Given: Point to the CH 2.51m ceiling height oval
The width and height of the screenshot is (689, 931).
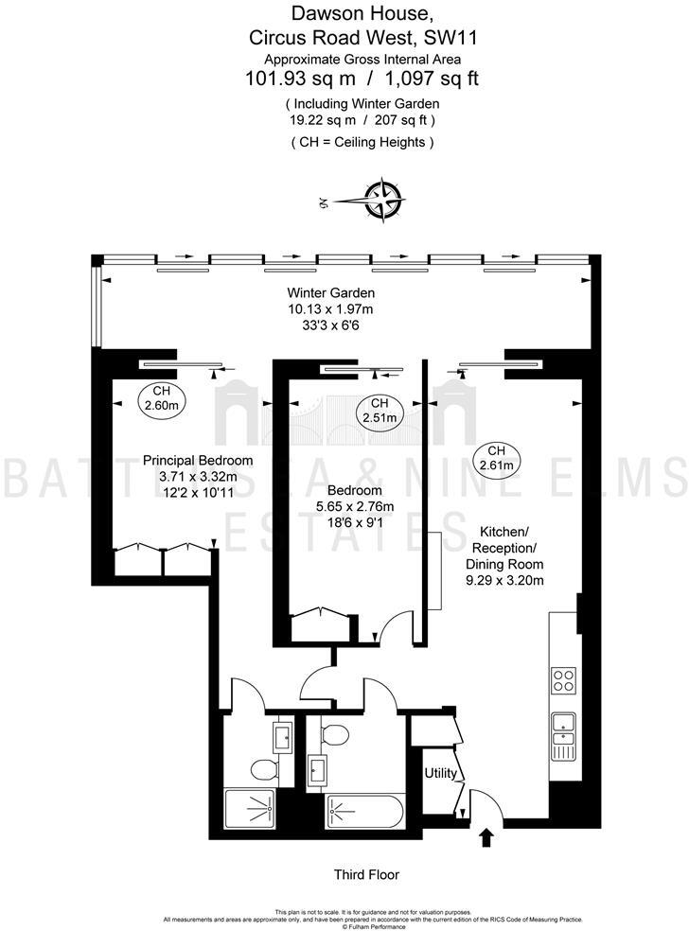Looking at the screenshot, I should tap(379, 410).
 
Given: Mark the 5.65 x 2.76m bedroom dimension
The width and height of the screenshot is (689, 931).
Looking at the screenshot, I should tap(355, 506).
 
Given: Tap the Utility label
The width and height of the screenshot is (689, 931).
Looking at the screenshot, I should tap(440, 774).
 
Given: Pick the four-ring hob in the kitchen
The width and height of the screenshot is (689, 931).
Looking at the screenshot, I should tap(563, 680).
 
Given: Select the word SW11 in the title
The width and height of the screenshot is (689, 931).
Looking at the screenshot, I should tap(450, 38).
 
